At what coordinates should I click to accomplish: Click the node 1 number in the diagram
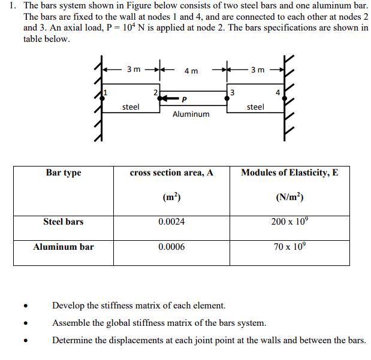[106, 92]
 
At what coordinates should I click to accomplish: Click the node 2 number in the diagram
[156, 92]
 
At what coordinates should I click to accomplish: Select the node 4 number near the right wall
[277, 92]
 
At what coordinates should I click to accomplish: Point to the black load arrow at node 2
[170, 99]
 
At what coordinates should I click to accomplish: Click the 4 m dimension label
[191, 71]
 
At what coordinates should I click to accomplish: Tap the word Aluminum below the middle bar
[191, 114]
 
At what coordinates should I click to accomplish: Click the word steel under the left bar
[131, 107]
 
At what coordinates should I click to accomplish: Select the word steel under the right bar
[255, 107]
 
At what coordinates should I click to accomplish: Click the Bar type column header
[64, 173]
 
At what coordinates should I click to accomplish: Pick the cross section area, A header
[171, 173]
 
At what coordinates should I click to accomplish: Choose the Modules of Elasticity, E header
[289, 173]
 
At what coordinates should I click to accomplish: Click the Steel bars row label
[64, 222]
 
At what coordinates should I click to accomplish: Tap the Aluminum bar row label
[64, 247]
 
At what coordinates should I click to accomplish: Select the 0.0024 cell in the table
[171, 222]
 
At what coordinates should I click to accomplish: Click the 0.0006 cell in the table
[171, 247]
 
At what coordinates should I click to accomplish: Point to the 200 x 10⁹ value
[289, 221]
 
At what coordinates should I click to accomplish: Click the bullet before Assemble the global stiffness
[26, 324]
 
